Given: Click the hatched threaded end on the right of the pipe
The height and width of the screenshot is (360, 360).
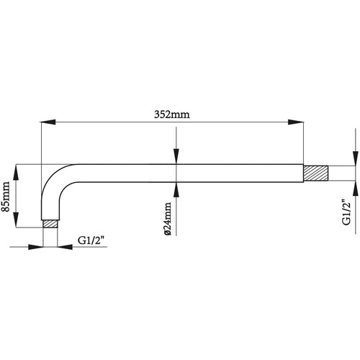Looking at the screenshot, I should [315, 174].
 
